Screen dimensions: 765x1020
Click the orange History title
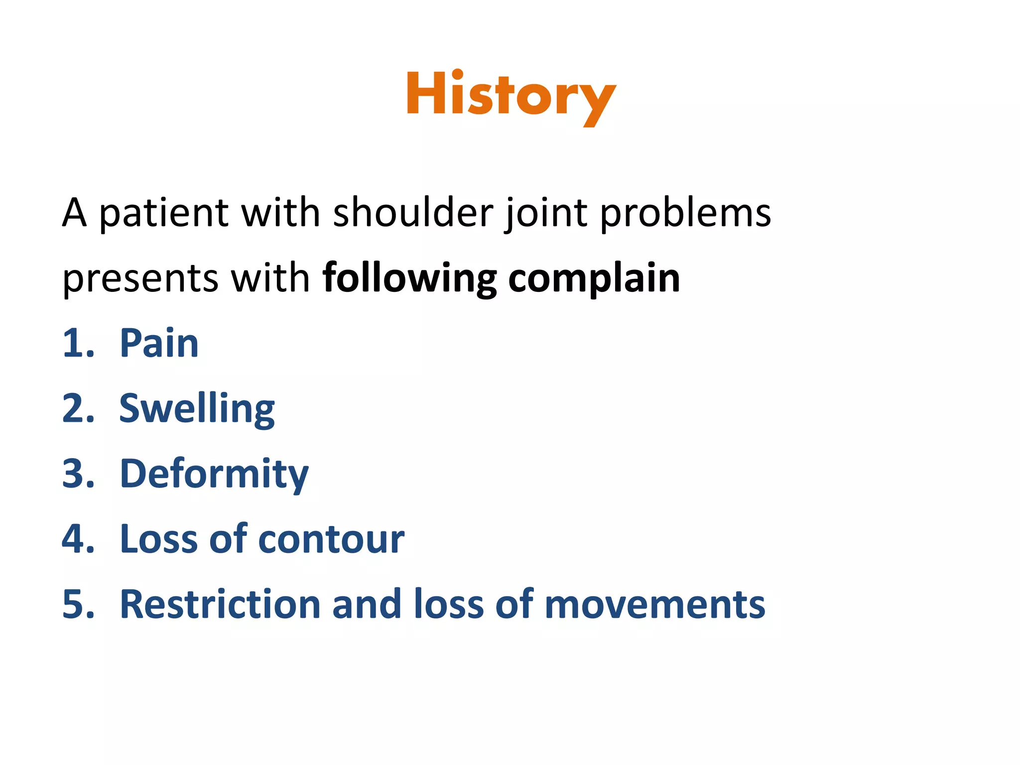(x=511, y=96)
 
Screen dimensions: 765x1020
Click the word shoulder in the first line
(x=413, y=213)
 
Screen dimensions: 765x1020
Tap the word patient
(x=163, y=213)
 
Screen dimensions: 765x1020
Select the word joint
(x=546, y=213)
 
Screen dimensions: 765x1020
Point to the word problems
(x=685, y=213)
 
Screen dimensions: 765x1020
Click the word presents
(x=140, y=278)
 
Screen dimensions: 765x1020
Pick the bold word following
(x=409, y=278)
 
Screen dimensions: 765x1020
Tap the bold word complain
(x=594, y=278)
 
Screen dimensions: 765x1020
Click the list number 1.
(x=77, y=344)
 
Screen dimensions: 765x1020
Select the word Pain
(x=159, y=344)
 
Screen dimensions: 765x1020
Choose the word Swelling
(x=197, y=409)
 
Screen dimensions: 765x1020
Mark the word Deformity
(x=214, y=474)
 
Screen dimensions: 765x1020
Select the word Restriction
(x=220, y=605)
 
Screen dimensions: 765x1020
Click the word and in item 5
(x=367, y=605)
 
